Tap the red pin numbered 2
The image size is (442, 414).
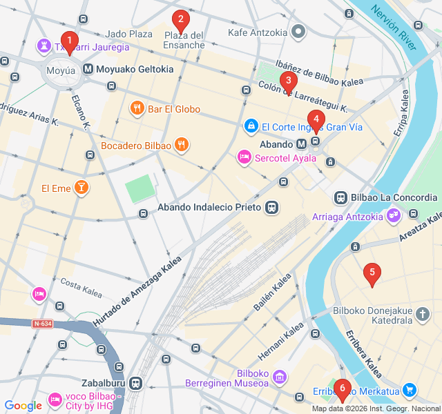coord(180,20)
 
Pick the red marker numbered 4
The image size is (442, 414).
coord(316,120)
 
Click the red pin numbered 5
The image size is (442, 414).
coord(372,273)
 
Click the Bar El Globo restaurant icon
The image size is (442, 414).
coord(137,108)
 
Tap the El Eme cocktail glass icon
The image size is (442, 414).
coord(81,188)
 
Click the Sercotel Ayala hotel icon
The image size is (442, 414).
coord(244,158)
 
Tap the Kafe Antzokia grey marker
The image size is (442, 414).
coord(298,32)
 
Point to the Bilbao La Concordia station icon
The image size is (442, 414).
coord(340,197)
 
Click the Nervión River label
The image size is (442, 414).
coord(394,28)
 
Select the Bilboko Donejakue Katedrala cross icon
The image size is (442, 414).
coord(423,316)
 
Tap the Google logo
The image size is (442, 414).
coord(23,406)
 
